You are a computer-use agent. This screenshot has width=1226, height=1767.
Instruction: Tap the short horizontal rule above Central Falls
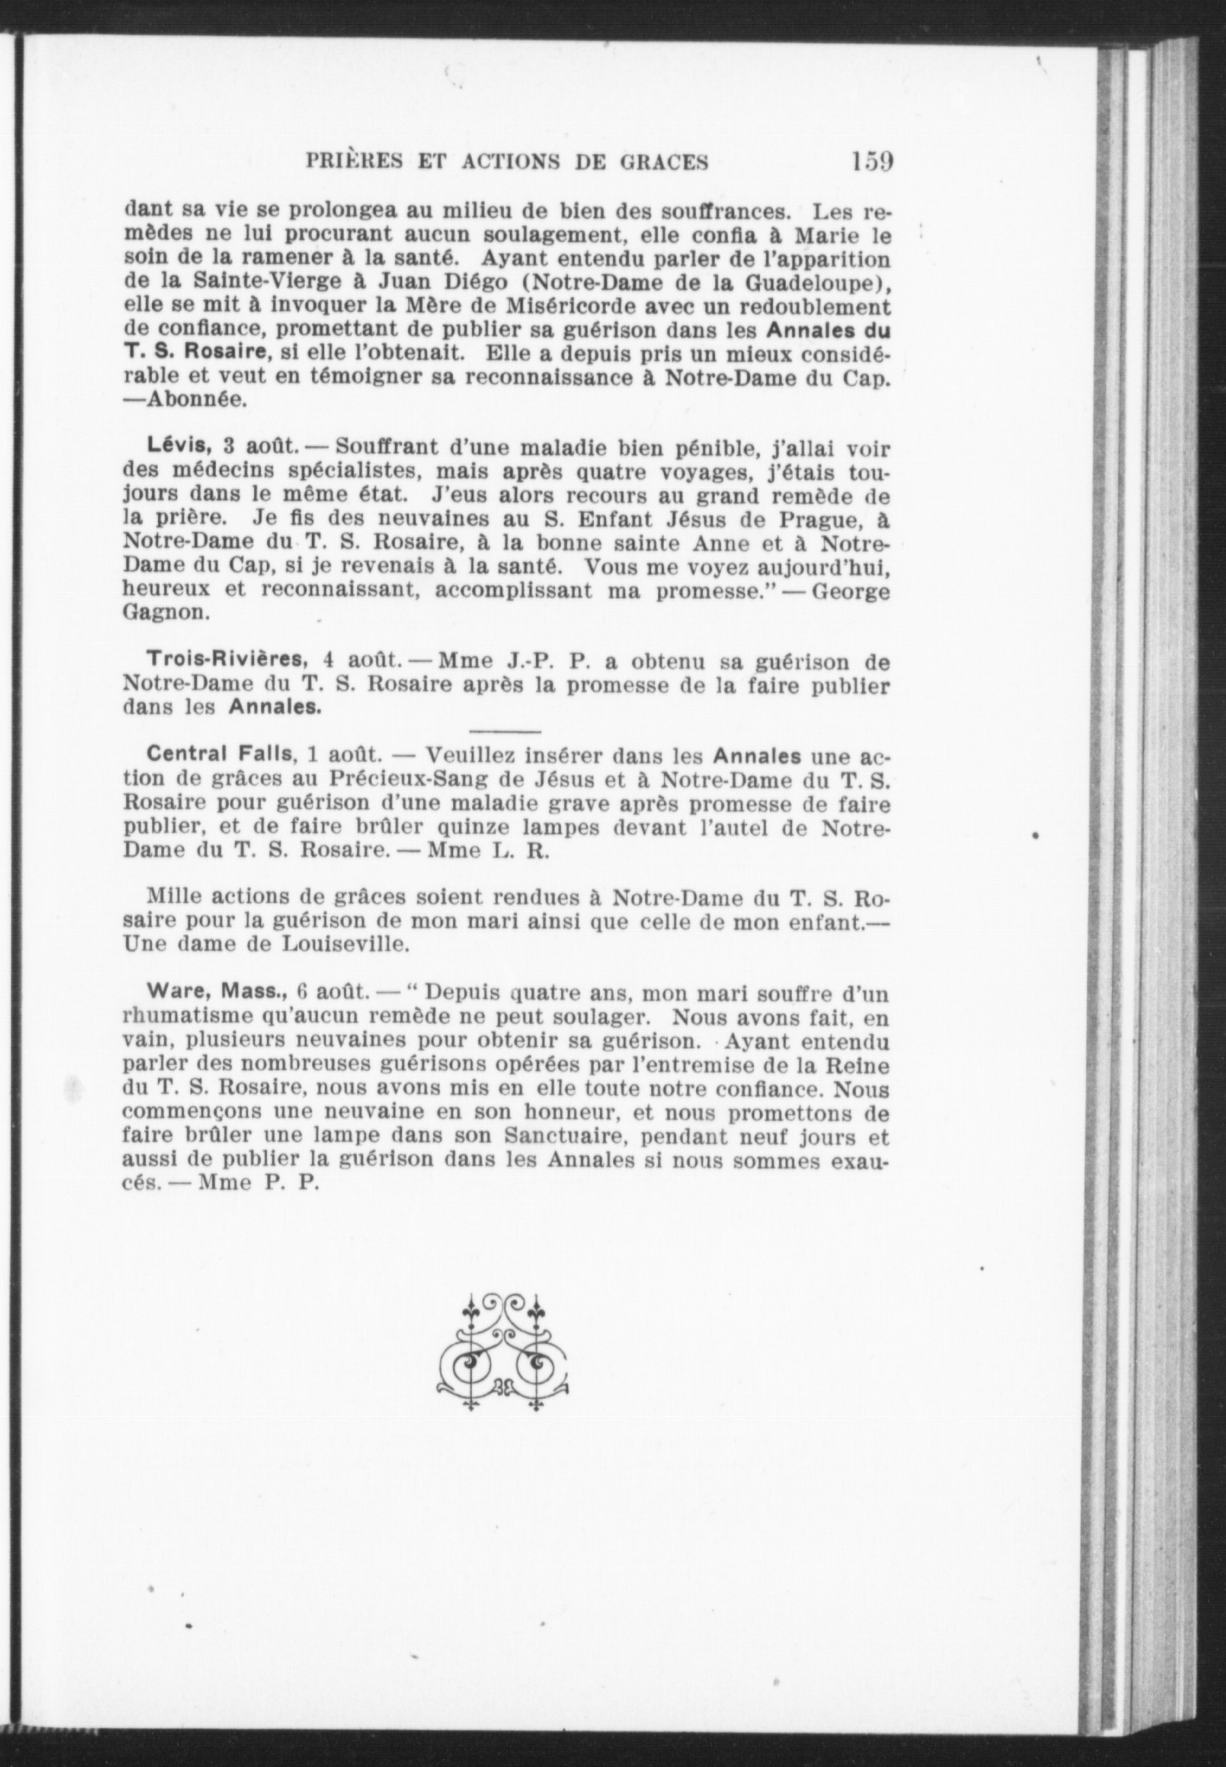click(505, 730)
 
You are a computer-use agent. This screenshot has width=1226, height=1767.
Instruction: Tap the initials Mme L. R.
click(488, 852)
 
